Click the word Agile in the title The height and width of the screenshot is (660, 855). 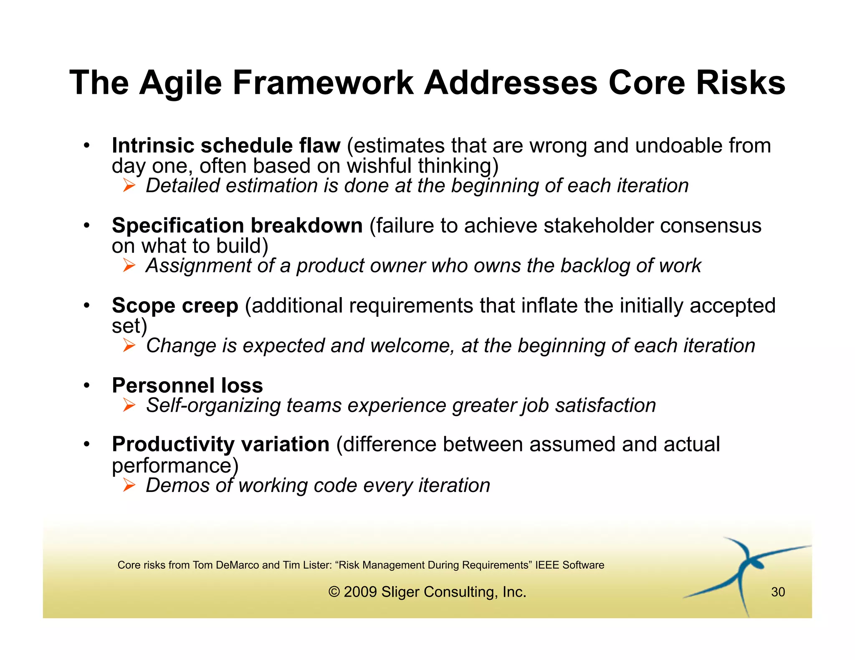point(180,83)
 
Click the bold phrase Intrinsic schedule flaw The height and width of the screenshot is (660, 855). point(226,146)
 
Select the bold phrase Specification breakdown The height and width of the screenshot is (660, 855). point(237,226)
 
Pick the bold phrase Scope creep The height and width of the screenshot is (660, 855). point(175,305)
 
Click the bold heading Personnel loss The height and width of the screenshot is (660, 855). point(187,385)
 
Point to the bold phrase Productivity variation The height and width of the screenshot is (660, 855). point(220,444)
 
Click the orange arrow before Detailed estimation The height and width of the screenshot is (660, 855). point(129,185)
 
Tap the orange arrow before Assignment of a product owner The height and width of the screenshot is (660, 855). point(129,265)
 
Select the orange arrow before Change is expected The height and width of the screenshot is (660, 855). point(129,345)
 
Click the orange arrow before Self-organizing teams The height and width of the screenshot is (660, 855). point(129,405)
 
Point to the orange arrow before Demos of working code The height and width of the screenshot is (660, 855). point(129,485)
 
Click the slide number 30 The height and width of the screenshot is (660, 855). point(778,592)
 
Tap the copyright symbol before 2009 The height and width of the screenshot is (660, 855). point(334,592)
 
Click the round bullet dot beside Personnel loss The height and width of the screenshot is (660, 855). point(86,385)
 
